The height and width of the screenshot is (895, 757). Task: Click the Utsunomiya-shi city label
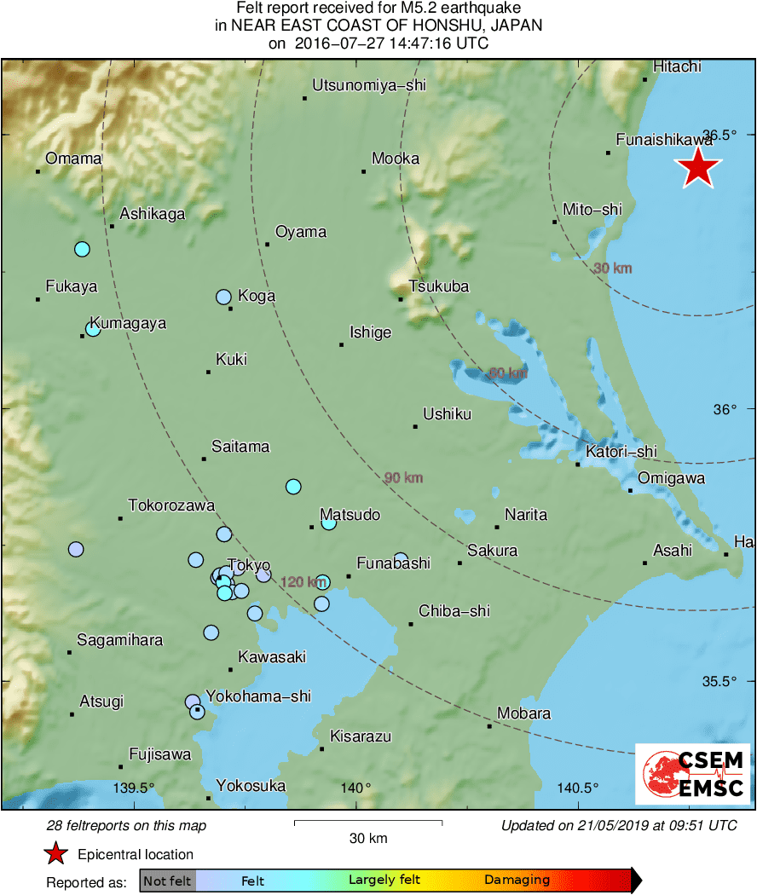tap(368, 85)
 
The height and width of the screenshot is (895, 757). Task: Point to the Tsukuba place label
tap(439, 286)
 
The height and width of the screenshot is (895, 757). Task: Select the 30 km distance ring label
tap(613, 268)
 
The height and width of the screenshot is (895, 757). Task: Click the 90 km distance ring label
tap(403, 478)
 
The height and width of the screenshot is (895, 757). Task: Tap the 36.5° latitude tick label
tap(722, 135)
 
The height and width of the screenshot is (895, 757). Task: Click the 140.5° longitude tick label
tap(579, 787)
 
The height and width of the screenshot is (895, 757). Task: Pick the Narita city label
tap(526, 515)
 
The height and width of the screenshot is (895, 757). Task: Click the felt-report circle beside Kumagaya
tap(93, 329)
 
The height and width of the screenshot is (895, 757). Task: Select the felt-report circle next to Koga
tap(223, 297)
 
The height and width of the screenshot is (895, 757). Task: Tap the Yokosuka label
tap(251, 786)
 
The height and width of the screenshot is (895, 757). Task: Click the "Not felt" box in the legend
tap(167, 881)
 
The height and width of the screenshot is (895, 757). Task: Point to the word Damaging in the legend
tap(517, 881)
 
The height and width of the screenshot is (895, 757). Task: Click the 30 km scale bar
tap(368, 823)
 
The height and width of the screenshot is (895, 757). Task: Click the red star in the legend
tap(56, 853)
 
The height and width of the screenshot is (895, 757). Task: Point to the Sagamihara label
tap(119, 640)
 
